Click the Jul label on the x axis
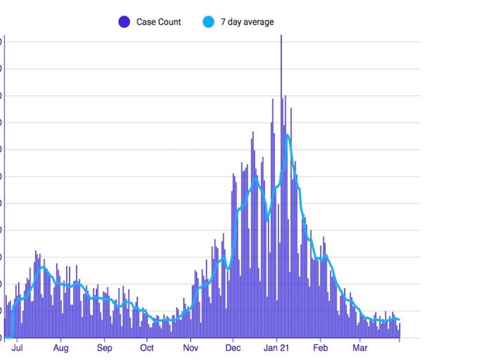pyautogui.click(x=17, y=348)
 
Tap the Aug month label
pyautogui.click(x=61, y=348)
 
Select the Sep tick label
pyautogui.click(x=104, y=348)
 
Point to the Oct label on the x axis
pyautogui.click(x=147, y=348)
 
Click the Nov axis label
pyautogui.click(x=191, y=348)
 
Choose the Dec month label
pyautogui.click(x=233, y=348)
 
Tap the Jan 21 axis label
pyautogui.click(x=277, y=348)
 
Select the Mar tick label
pyautogui.click(x=360, y=348)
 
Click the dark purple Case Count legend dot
pyautogui.click(x=124, y=22)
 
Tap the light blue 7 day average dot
pyautogui.click(x=208, y=22)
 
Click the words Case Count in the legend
pyautogui.click(x=158, y=22)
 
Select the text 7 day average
pyautogui.click(x=247, y=22)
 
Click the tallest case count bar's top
pyautogui.click(x=281, y=36)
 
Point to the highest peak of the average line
pyautogui.click(x=287, y=136)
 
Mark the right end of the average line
pyautogui.click(x=399, y=319)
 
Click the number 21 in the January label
pyautogui.click(x=285, y=348)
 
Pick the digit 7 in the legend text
pyautogui.click(x=223, y=22)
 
